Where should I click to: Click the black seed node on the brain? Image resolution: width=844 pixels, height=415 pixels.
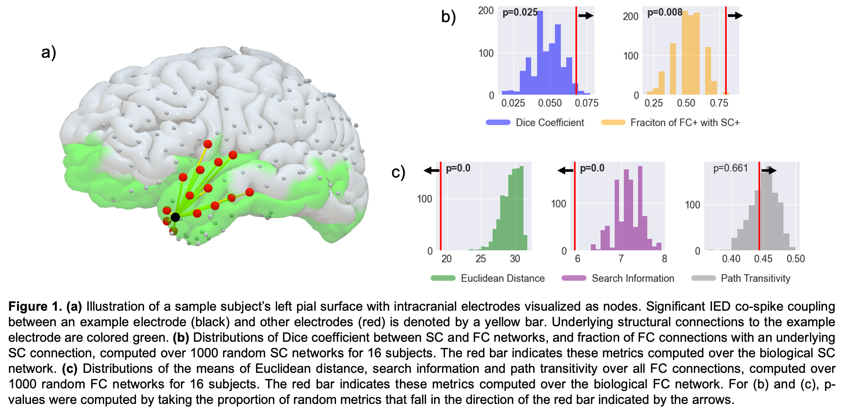[175, 217]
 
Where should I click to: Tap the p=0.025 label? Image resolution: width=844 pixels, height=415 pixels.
[520, 12]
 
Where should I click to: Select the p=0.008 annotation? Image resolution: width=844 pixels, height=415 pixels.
[664, 12]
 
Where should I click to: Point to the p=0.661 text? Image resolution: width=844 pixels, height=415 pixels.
[730, 168]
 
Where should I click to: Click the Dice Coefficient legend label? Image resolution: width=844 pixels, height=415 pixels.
[550, 123]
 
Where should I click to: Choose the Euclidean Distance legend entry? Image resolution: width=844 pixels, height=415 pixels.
[503, 278]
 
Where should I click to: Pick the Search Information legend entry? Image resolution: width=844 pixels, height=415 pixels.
[633, 278]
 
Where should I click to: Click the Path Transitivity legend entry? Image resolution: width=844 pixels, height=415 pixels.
[755, 278]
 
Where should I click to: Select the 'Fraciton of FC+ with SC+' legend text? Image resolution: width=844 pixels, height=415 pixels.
[685, 123]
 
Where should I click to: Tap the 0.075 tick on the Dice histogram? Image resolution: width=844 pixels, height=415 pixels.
[586, 103]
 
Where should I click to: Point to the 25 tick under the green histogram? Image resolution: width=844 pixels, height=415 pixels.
[481, 259]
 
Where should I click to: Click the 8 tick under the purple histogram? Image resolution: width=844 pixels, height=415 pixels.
[664, 259]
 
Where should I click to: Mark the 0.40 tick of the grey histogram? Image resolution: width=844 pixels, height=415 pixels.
[731, 259]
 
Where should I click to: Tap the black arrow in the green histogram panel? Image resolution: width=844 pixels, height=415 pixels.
[431, 170]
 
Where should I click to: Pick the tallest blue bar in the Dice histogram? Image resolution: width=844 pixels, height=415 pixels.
[540, 53]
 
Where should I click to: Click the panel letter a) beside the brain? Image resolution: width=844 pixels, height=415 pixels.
[50, 52]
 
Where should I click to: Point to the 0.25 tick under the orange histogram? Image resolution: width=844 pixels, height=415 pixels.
[653, 103]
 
